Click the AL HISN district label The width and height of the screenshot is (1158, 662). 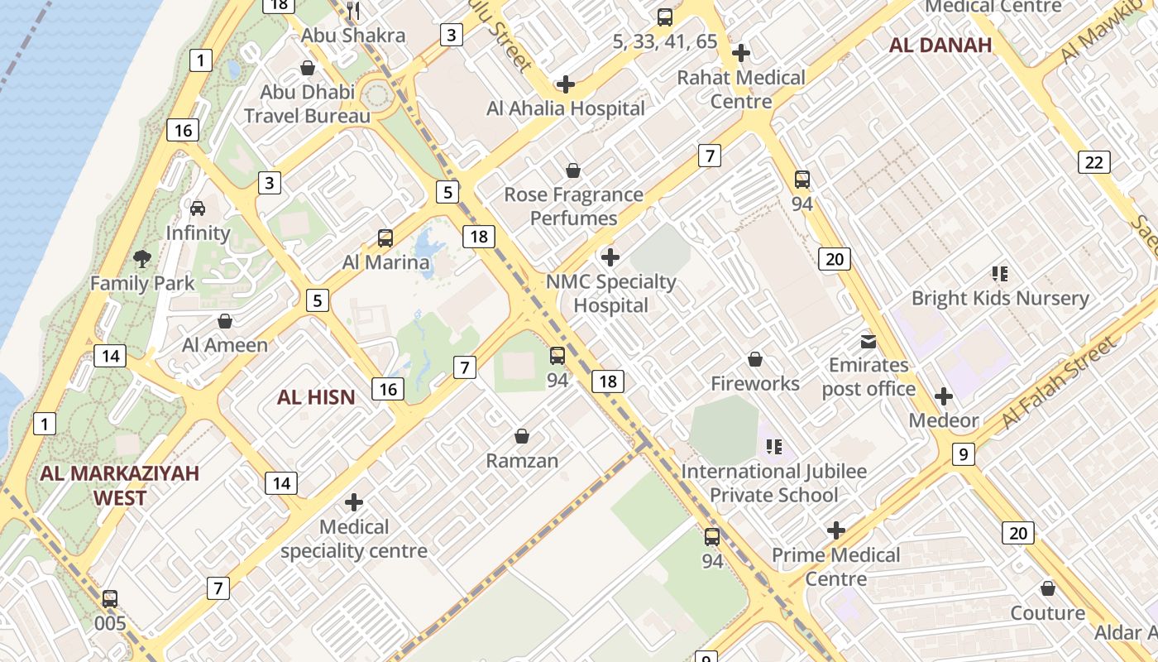pos(316,397)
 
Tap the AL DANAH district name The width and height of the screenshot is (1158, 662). pos(940,45)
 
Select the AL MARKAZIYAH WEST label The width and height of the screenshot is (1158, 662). pos(120,485)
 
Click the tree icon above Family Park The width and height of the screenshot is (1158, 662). pos(142,258)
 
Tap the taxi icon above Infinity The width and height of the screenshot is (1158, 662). pos(198,208)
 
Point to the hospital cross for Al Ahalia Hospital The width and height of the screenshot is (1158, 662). pos(566,84)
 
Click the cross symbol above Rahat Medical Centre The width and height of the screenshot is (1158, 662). pos(741,53)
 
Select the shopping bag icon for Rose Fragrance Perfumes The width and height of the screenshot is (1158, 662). pos(572,170)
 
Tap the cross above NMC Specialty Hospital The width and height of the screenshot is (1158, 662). pos(610,257)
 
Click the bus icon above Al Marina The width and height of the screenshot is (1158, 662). pos(385,238)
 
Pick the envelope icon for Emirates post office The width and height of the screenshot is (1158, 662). pos(868,341)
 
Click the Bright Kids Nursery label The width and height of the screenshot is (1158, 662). pos(1000,298)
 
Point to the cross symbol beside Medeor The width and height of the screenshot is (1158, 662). pos(943,396)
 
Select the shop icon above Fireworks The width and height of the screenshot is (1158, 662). pos(754,359)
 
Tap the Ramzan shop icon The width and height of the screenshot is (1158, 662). pos(522,436)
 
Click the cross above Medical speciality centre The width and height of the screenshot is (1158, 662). pos(354,502)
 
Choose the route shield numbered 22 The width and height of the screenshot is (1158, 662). pos(1093,162)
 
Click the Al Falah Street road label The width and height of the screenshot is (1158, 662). pos(1058,385)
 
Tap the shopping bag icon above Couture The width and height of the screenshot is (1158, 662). pos(1048,588)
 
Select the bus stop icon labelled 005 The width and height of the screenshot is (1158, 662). pos(110,598)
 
